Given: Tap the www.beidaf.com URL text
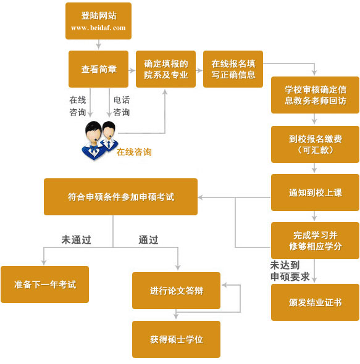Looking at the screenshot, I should (x=98, y=28).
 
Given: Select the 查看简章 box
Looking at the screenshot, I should (x=98, y=69).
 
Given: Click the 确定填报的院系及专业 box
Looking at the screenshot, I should (x=165, y=69).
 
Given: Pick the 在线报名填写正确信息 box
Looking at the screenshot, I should (x=233, y=69).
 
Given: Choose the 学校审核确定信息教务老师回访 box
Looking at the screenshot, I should (x=315, y=94).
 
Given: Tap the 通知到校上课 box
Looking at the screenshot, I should (x=315, y=192).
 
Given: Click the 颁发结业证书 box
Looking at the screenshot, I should (x=315, y=302).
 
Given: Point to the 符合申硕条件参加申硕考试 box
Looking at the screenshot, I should (x=120, y=197).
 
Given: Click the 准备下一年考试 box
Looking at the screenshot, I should (x=44, y=284).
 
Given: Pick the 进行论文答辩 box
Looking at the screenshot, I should (x=176, y=290).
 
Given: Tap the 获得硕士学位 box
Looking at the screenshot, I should (x=176, y=339).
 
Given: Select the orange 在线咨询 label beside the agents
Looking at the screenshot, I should (x=134, y=152).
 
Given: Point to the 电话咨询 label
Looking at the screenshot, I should (x=121, y=105).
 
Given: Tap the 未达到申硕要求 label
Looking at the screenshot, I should (x=290, y=271).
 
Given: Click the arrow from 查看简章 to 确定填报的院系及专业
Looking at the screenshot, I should (x=132, y=69).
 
